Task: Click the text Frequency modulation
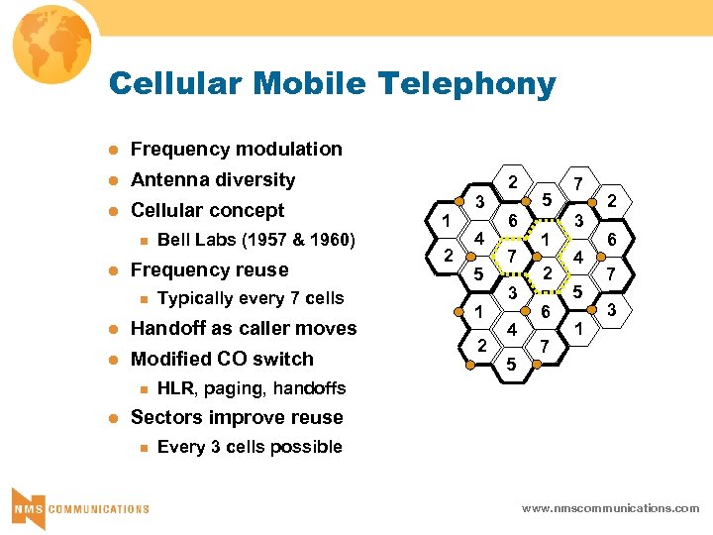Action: coord(236,149)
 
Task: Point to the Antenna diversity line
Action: coord(213,179)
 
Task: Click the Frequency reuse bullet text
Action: coord(209,269)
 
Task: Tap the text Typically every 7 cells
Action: coord(251,298)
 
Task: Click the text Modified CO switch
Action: coord(222,359)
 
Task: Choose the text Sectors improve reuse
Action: coord(237,417)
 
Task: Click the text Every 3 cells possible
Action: coord(250,447)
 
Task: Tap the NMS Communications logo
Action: coord(79,505)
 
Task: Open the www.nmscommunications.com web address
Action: coord(610,508)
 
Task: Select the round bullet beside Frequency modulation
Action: coord(113,150)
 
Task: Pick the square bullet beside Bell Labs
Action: coord(144,240)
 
